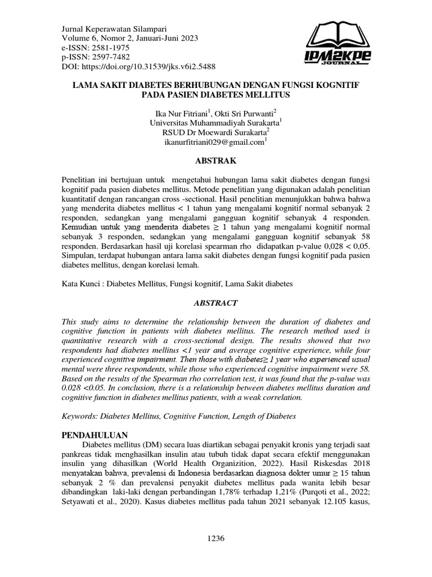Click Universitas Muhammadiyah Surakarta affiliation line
(x=215, y=122)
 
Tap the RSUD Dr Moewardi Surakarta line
(x=215, y=132)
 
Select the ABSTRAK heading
(x=216, y=161)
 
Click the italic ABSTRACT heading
(x=216, y=302)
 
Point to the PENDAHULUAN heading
(x=94, y=436)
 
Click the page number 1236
(x=216, y=538)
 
